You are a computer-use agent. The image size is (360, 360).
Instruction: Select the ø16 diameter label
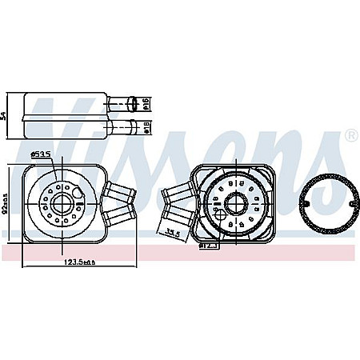[146, 103]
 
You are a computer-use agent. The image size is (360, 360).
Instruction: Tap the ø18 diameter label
[146, 126]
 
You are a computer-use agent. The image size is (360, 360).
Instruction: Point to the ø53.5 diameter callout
[41, 154]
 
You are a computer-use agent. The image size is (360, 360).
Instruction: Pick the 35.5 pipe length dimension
[170, 233]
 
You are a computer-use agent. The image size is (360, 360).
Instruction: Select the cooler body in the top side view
[64, 115]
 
